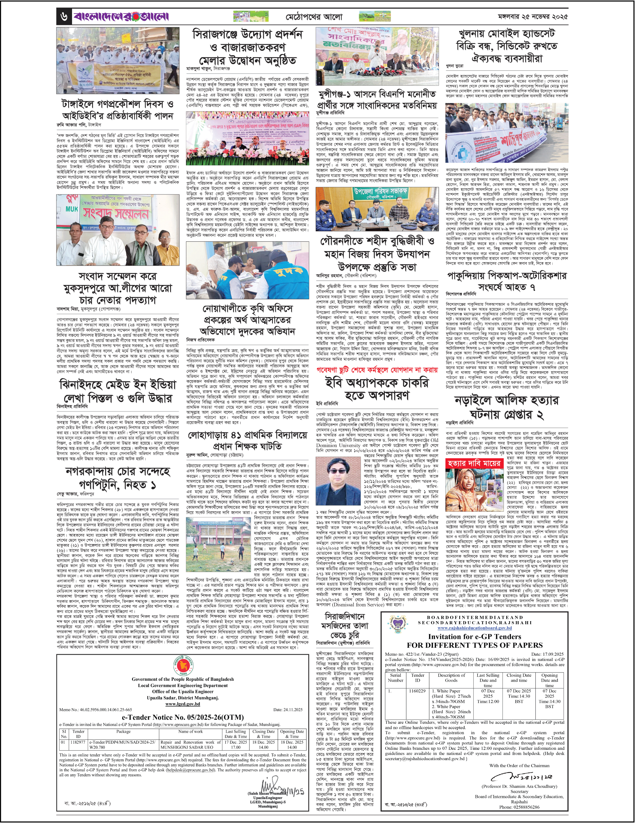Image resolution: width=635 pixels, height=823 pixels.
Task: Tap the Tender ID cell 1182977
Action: pos(79,742)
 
